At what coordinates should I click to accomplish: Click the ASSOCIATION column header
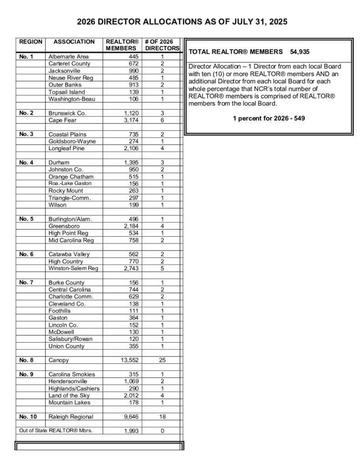74,42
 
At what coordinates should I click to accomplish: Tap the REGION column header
30,42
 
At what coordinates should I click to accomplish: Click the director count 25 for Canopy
162,360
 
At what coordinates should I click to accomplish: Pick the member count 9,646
129,416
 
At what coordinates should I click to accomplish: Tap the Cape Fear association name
64,120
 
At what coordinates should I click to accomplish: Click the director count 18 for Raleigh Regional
162,416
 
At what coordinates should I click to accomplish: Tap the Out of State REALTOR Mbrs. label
56,431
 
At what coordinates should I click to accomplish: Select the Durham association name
59,162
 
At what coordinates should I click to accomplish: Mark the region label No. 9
26,374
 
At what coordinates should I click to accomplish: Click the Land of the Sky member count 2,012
129,395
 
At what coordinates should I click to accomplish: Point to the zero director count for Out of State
162,431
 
